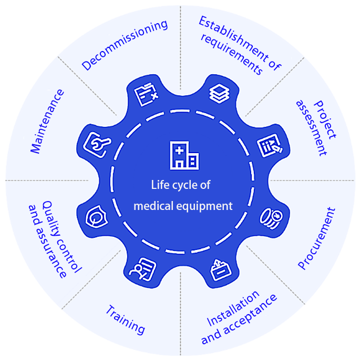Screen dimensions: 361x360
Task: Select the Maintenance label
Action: tap(48, 121)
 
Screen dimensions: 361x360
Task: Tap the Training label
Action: tap(125, 318)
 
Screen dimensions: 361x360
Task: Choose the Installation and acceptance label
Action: tap(239, 317)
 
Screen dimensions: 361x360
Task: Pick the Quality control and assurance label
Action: tap(54, 239)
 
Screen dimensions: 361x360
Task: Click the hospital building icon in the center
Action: tap(183, 155)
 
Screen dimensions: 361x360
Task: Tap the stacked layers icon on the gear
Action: tap(217, 93)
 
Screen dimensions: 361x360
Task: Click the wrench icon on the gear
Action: tap(98, 143)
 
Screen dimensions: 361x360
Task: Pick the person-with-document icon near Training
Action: tap(142, 268)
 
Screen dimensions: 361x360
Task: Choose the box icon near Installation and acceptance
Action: tap(218, 270)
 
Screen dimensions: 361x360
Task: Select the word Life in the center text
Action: tap(159, 185)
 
